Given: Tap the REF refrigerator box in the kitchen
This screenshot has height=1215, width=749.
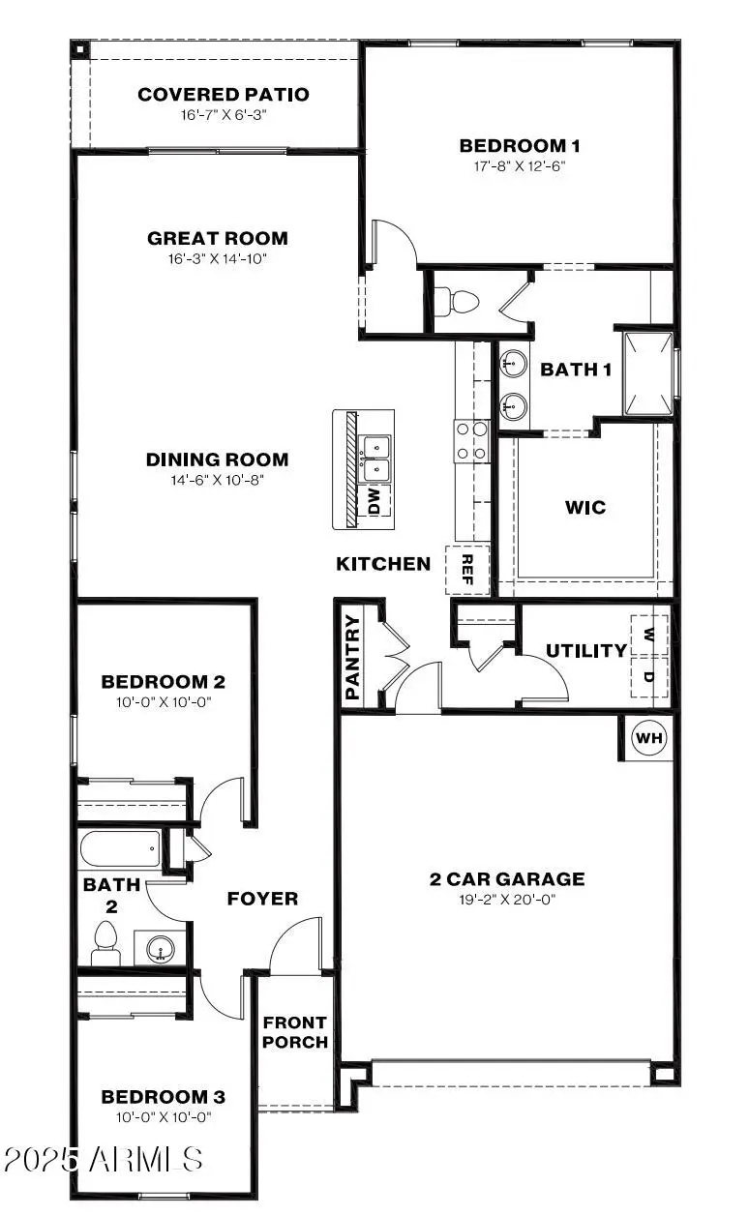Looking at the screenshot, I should coord(467,570).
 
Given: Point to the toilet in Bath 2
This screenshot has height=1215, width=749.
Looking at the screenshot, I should coord(105,941).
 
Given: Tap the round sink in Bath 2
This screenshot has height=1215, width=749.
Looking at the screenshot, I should coord(161,950).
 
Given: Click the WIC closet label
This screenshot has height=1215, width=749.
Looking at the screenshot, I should coord(585,507).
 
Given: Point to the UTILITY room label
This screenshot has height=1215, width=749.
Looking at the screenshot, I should coord(586,651).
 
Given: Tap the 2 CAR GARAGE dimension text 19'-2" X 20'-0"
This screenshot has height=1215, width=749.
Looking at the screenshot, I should coord(507,899).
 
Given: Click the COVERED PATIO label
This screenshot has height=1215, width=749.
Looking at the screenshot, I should coord(224,95).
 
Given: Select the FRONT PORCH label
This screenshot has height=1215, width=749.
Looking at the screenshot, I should coord(295,1032).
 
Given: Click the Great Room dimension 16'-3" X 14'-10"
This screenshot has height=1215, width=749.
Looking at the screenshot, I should coord(218,258).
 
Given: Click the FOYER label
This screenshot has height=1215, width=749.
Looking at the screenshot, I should coord(262,899).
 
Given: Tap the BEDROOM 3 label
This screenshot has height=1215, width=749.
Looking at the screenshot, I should coord(164,1097).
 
